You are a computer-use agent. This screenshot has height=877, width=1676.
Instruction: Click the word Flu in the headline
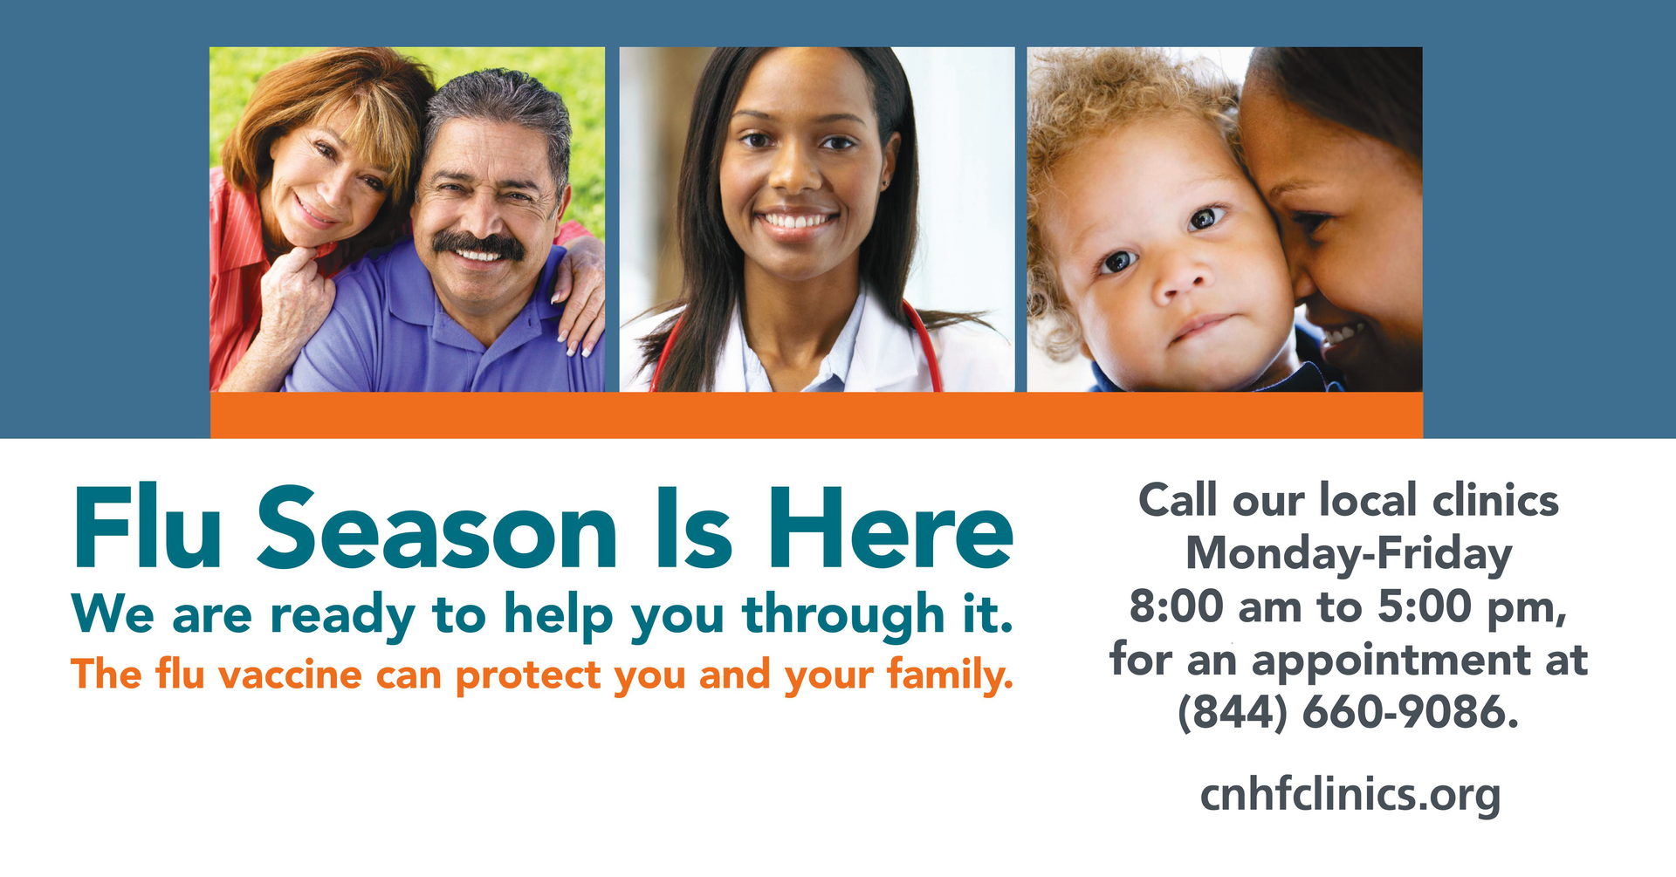pyautogui.click(x=148, y=528)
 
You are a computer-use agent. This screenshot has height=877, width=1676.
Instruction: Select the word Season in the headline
pyautogui.click(x=437, y=529)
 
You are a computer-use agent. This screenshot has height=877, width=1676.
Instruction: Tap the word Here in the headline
pyautogui.click(x=890, y=528)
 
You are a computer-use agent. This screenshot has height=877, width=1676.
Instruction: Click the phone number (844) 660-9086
pyautogui.click(x=1349, y=713)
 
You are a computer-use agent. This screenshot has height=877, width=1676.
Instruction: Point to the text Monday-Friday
pyautogui.click(x=1349, y=555)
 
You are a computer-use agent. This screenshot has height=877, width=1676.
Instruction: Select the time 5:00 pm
pyautogui.click(x=1471, y=608)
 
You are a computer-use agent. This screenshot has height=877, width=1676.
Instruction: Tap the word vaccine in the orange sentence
pyautogui.click(x=290, y=675)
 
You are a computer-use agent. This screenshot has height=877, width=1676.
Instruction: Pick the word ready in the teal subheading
pyautogui.click(x=342, y=615)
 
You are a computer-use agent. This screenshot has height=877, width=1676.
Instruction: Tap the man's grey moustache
pyautogui.click(x=479, y=245)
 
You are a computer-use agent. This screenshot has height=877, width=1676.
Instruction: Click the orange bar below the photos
pyautogui.click(x=816, y=415)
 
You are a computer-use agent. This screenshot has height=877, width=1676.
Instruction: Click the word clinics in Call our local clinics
pyautogui.click(x=1495, y=501)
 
